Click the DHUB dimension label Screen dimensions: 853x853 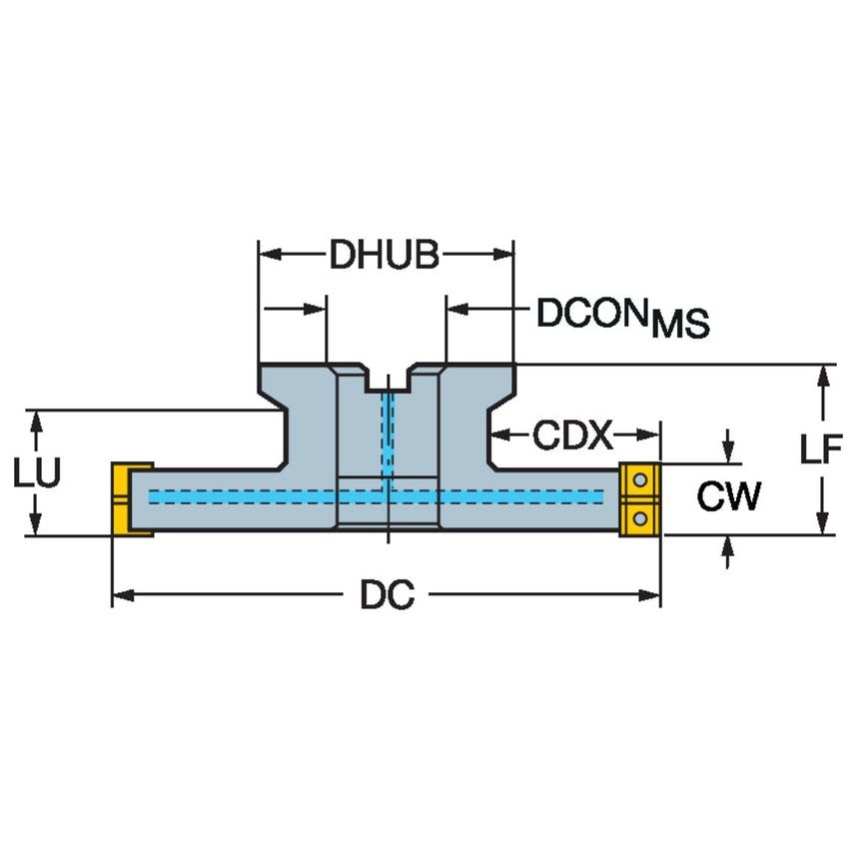tap(385, 256)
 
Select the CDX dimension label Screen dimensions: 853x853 tap(571, 434)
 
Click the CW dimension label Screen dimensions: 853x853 tap(728, 496)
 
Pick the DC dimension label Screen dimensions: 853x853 tap(387, 596)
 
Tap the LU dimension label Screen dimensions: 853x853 tap(36, 472)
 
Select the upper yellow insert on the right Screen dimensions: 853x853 tap(639, 480)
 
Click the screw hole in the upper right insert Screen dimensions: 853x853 tap(640, 482)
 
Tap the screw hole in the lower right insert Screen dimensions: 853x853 tap(640, 516)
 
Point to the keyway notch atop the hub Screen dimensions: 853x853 tap(387, 381)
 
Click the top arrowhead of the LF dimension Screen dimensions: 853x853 tap(823, 375)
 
